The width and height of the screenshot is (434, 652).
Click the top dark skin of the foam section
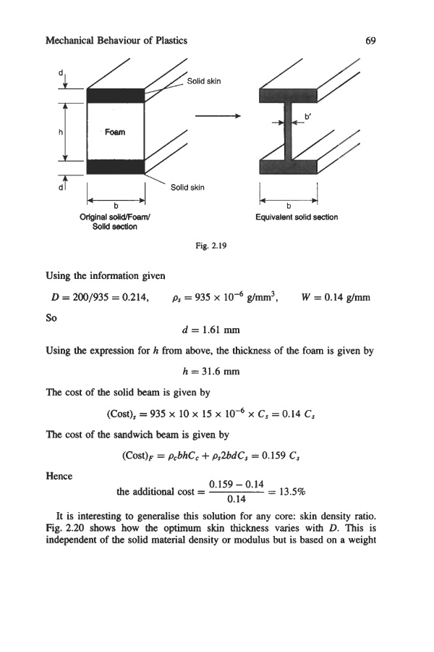tap(116, 95)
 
